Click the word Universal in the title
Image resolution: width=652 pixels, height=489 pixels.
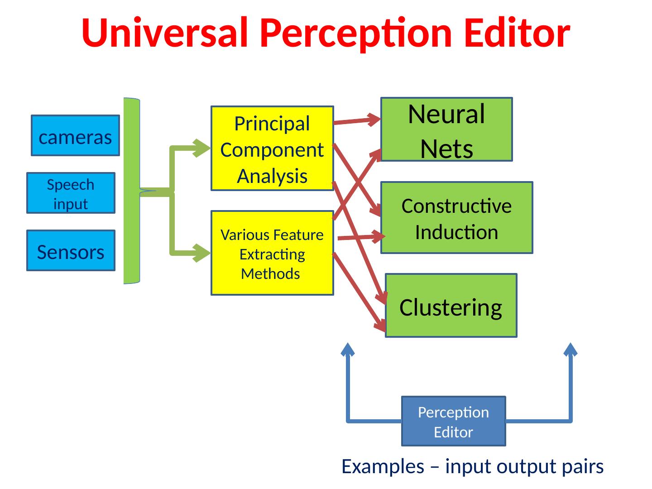(x=164, y=33)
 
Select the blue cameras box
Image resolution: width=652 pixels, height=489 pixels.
(x=75, y=136)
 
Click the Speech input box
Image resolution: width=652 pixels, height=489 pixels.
(x=71, y=193)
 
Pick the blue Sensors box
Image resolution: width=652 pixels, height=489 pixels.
(x=71, y=251)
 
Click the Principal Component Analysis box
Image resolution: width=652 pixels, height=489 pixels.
(x=272, y=149)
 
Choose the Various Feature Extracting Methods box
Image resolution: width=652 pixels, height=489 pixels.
(x=272, y=254)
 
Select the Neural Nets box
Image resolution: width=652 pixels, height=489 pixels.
(x=446, y=130)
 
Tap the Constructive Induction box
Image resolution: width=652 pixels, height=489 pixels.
(x=456, y=218)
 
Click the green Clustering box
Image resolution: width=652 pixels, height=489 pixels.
(x=451, y=306)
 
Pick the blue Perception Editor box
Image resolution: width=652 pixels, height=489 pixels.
(x=453, y=422)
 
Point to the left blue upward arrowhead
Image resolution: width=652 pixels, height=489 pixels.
(x=348, y=350)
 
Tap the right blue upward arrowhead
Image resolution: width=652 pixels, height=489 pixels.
(x=570, y=350)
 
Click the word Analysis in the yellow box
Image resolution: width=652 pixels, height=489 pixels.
(x=272, y=176)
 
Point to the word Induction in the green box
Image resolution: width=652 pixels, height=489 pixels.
(x=456, y=232)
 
